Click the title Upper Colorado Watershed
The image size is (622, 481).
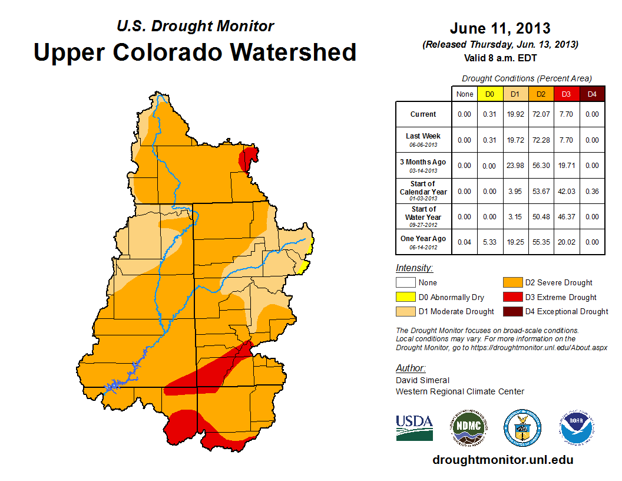195,52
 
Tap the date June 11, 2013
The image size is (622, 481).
500,28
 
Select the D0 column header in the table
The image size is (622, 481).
490,94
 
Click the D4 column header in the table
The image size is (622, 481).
593,94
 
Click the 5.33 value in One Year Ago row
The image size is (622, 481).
490,242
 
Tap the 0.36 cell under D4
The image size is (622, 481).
593,191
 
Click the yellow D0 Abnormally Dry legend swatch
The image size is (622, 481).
405,297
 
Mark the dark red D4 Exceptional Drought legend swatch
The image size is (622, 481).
511,311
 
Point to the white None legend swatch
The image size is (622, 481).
405,283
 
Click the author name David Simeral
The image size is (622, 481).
422,380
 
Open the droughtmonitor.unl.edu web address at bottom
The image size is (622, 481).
502,460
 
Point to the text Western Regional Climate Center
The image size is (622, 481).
459,391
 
